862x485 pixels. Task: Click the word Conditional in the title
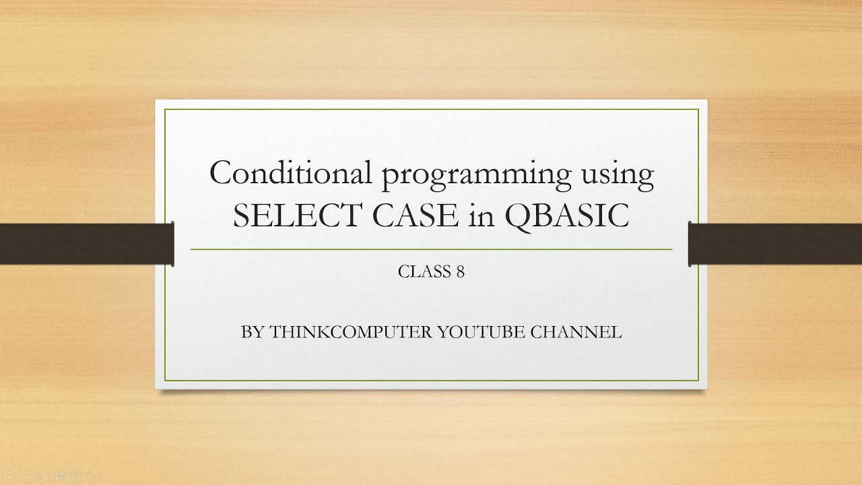tap(291, 173)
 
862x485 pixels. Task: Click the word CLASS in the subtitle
tap(422, 272)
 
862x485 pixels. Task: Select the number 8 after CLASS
tap(459, 272)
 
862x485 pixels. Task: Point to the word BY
tap(252, 332)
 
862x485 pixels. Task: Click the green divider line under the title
tap(431, 249)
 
